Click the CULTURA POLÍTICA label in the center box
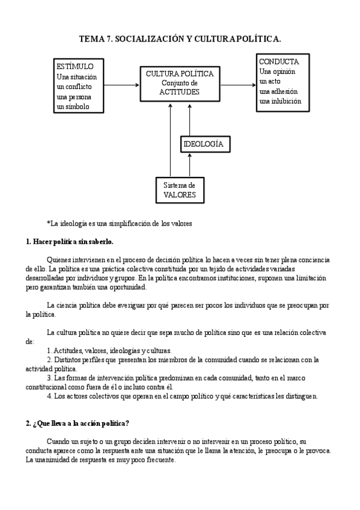179,73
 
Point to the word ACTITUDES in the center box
179,92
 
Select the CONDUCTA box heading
278,62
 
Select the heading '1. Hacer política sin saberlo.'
70,242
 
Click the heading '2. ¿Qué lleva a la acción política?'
78,423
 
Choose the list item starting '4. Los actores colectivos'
186,396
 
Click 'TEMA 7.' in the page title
95,39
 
